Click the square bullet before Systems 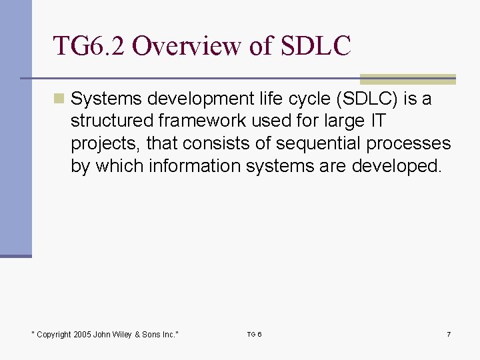60,99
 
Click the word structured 113,122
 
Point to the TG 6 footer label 254,334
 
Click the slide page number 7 448,334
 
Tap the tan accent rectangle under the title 407,79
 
